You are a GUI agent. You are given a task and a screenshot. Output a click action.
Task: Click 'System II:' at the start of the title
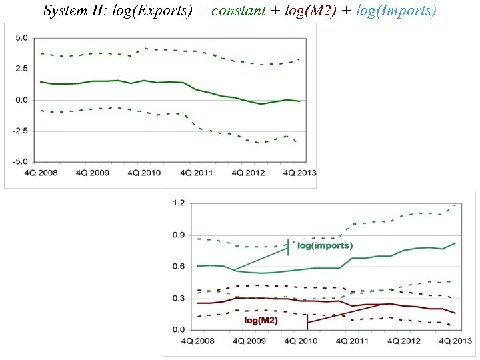pos(70,11)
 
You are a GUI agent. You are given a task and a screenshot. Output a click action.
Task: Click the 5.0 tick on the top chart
pos(21,38)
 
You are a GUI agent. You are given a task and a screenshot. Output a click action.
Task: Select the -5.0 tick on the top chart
pos(20,161)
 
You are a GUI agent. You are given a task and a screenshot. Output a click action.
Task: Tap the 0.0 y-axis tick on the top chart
pos(21,100)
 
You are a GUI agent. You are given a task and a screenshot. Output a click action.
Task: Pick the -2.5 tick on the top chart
pos(20,131)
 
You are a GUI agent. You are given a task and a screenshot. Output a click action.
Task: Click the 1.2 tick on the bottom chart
pos(179,203)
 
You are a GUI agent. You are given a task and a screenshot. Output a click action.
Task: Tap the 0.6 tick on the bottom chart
pos(179,267)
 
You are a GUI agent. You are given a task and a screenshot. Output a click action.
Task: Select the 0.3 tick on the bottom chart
pos(179,298)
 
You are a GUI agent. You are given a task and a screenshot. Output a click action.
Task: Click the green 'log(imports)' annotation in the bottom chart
pos(325,246)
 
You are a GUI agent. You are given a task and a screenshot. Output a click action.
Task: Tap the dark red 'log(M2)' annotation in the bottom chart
pos(261,321)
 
